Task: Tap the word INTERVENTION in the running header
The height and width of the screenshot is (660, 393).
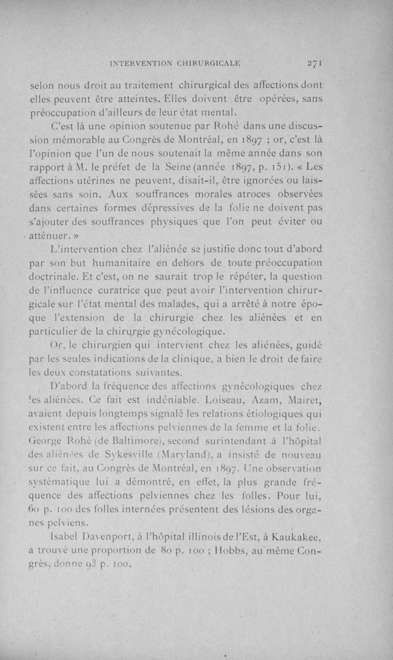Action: (x=144, y=63)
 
